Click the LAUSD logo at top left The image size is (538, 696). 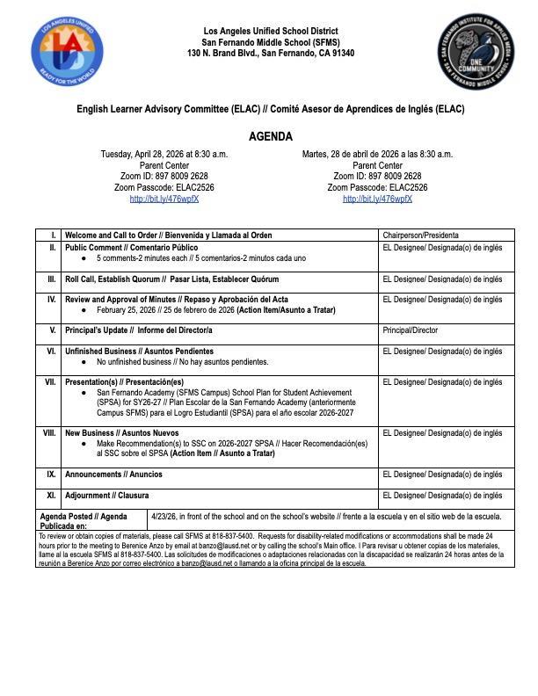pyautogui.click(x=60, y=53)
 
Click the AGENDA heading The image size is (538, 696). pyautogui.click(x=270, y=137)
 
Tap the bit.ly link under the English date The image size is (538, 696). pyautogui.click(x=164, y=199)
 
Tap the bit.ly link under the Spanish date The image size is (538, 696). pyautogui.click(x=377, y=199)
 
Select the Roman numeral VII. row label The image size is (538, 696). pyautogui.click(x=50, y=382)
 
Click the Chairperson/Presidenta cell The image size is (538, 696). pyautogui.click(x=420, y=236)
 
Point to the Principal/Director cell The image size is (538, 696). pyautogui.click(x=411, y=331)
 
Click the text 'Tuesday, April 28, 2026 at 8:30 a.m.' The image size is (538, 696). pyautogui.click(x=164, y=154)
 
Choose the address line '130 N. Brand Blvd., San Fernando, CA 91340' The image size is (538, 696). pyautogui.click(x=270, y=54)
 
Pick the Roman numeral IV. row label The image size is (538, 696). pyautogui.click(x=51, y=300)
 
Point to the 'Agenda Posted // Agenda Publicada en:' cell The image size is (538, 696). pyautogui.click(x=84, y=520)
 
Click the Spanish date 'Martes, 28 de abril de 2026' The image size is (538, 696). pyautogui.click(x=377, y=154)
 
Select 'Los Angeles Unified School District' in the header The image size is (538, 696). pyautogui.click(x=270, y=32)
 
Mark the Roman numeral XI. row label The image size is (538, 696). pyautogui.click(x=51, y=496)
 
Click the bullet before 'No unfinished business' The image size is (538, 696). pyautogui.click(x=84, y=362)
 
